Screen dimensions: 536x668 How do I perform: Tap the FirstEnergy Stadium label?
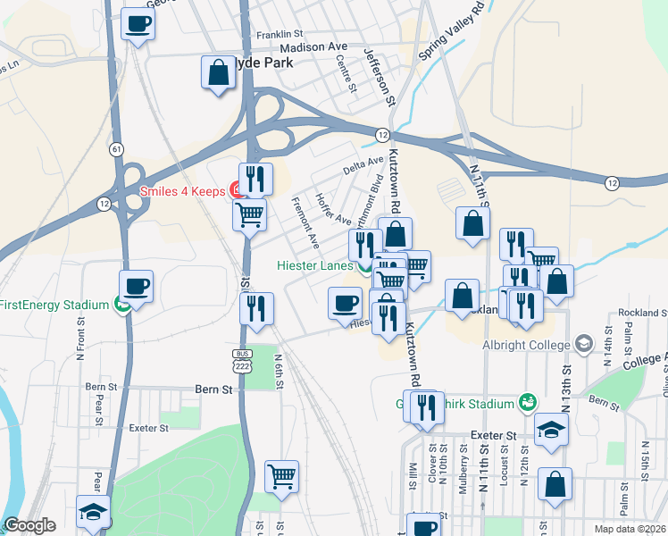pyautogui.click(x=54, y=304)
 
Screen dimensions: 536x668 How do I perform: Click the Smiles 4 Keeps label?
pyautogui.click(x=182, y=190)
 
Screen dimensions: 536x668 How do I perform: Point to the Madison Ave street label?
pyautogui.click(x=313, y=47)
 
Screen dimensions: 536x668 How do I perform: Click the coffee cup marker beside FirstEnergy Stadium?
pyautogui.click(x=138, y=287)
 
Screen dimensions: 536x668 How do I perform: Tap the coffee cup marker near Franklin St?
pyautogui.click(x=138, y=23)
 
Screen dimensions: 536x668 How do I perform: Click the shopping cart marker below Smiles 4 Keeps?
pyautogui.click(x=250, y=214)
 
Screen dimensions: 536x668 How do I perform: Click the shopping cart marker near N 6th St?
pyautogui.click(x=282, y=476)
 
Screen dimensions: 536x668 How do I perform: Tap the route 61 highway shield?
pyautogui.click(x=117, y=149)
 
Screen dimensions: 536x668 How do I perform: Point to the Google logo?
pyautogui.click(x=29, y=525)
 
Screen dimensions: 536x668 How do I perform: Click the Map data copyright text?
pyautogui.click(x=629, y=529)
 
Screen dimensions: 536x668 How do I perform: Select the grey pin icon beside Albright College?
pyautogui.click(x=584, y=344)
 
